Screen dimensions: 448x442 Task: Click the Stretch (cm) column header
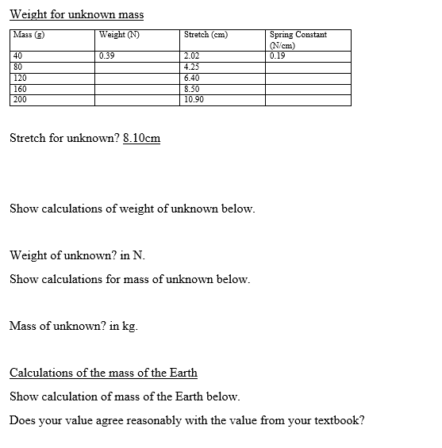(x=206, y=35)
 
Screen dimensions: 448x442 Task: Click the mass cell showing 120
(x=20, y=78)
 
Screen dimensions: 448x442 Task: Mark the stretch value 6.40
(x=191, y=78)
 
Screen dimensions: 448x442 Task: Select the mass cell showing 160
(x=20, y=90)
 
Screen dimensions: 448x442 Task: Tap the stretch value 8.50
(x=191, y=90)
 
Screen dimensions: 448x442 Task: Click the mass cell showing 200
(x=20, y=101)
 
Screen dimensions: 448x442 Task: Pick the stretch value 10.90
(x=194, y=101)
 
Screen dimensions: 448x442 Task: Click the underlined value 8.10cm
(x=142, y=139)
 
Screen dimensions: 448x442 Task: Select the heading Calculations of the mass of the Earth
(x=103, y=373)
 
